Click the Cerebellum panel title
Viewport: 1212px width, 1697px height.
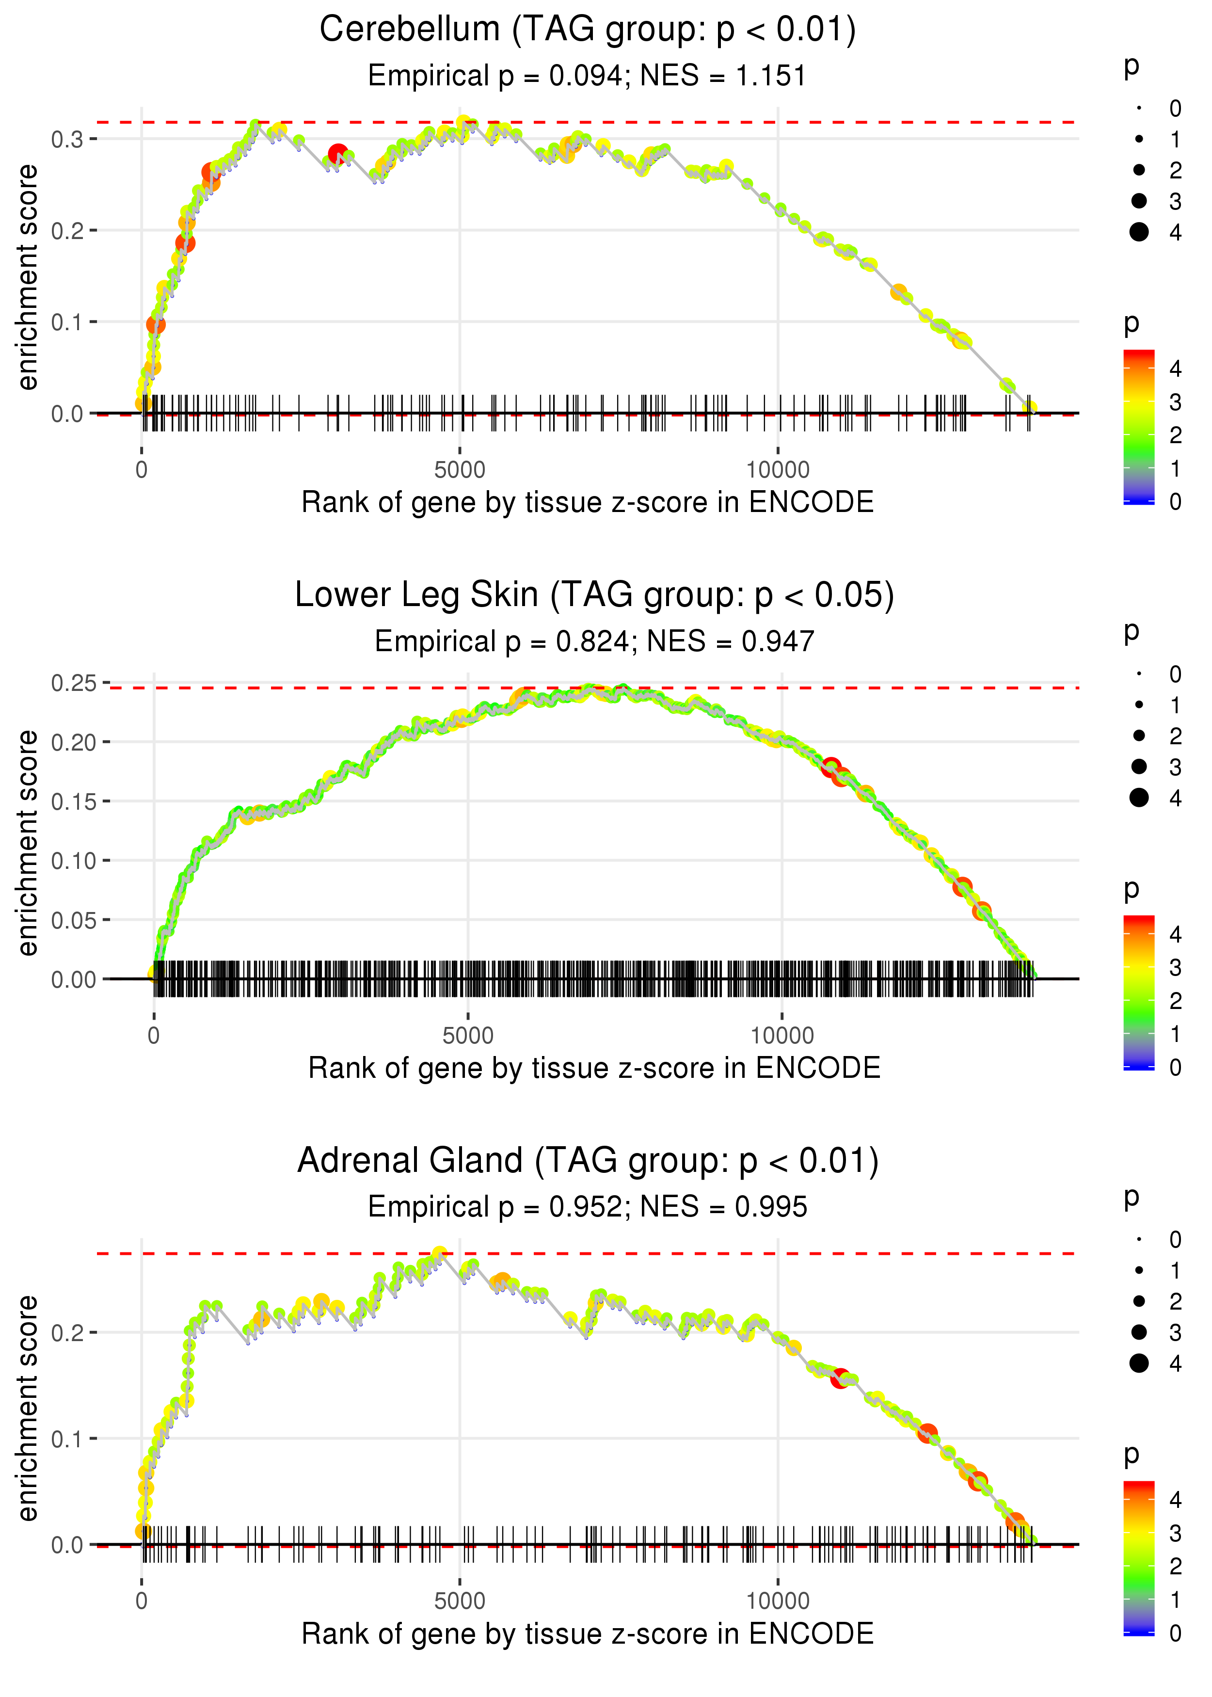click(588, 30)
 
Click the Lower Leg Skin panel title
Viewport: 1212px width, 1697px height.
click(594, 595)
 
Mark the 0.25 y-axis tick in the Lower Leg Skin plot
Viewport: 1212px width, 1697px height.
click(74, 683)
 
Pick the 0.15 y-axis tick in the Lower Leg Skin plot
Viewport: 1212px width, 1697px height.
click(74, 801)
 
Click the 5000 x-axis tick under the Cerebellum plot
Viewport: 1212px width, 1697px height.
click(459, 470)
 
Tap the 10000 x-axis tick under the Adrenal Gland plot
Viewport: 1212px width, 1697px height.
click(778, 1601)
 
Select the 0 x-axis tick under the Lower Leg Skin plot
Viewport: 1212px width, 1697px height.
click(154, 1036)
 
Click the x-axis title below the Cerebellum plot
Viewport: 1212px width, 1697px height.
click(588, 503)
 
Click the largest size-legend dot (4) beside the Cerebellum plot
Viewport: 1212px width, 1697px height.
click(1139, 232)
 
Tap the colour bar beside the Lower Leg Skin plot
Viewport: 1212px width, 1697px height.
click(1139, 992)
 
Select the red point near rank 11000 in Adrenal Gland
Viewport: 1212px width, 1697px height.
click(840, 1378)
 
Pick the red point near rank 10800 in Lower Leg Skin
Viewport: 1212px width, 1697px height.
click(830, 767)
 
